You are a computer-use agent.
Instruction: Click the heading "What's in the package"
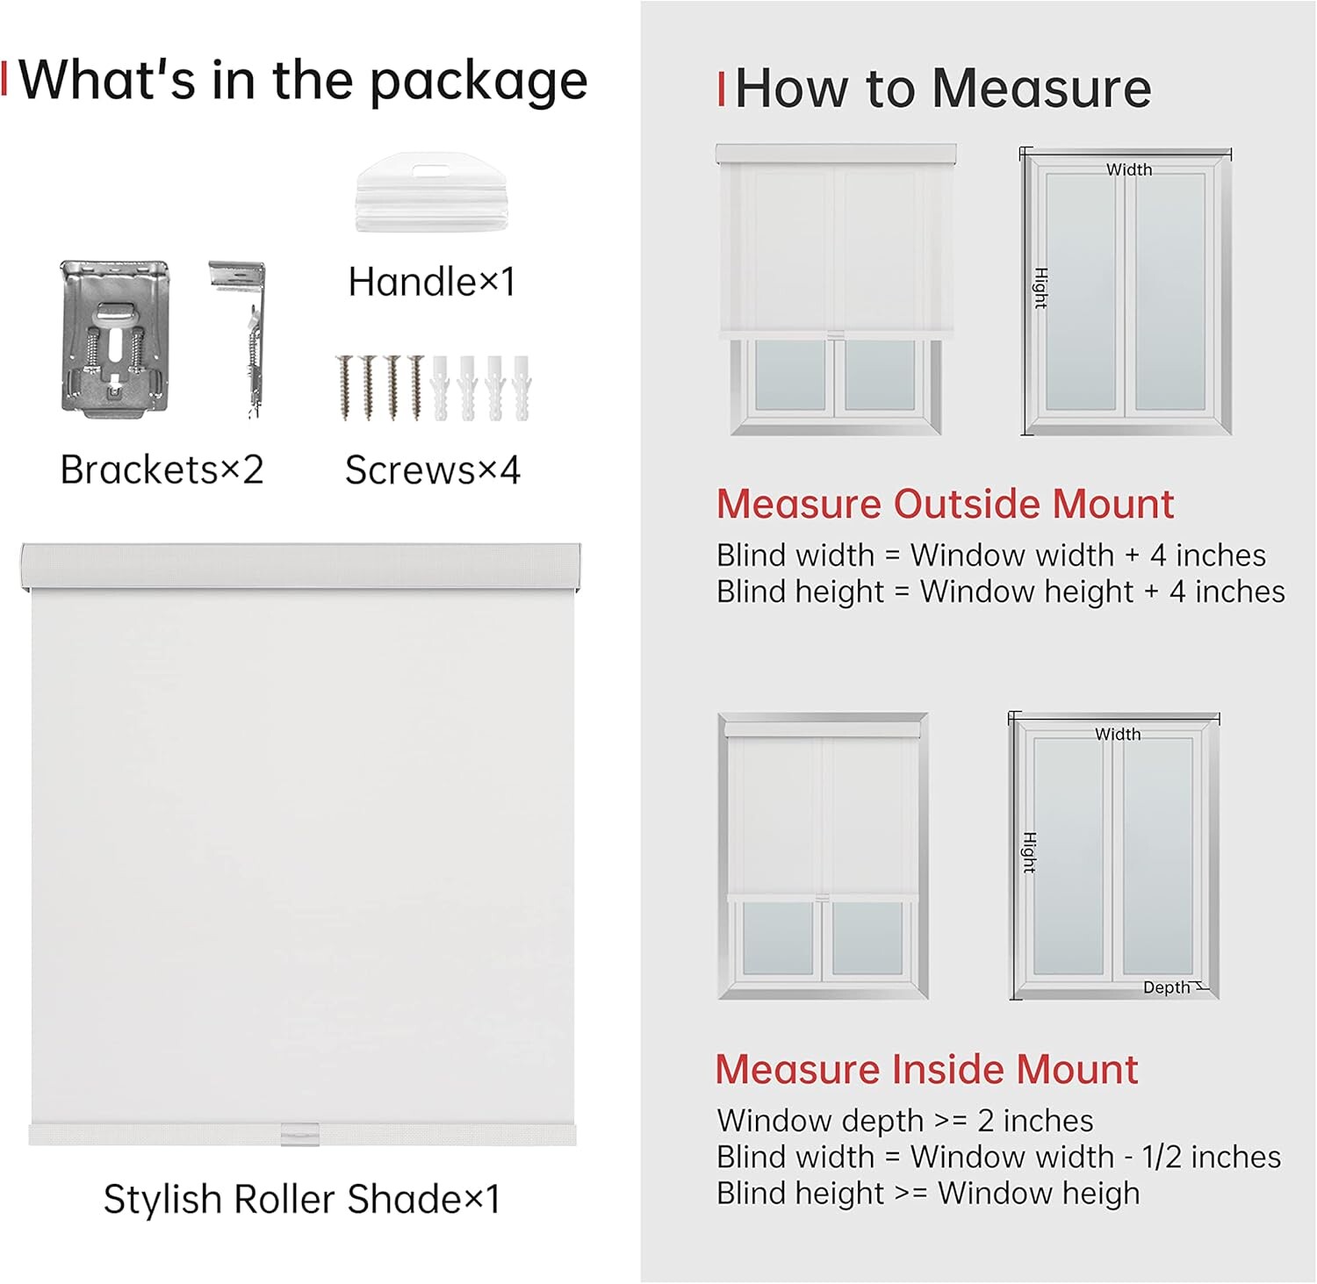(303, 82)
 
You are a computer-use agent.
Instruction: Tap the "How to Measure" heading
(943, 89)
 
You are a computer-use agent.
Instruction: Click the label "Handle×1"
(431, 283)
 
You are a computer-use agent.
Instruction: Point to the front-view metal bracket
(115, 336)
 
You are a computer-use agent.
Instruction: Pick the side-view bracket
(241, 339)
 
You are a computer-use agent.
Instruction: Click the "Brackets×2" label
(162, 470)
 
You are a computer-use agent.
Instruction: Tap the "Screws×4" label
(432, 470)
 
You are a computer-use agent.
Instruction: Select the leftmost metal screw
(344, 387)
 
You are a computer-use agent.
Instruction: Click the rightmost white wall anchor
(522, 386)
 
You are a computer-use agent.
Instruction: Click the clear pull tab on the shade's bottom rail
(300, 1134)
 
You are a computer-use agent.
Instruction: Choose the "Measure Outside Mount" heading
(945, 505)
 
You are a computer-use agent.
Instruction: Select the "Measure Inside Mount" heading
(926, 1070)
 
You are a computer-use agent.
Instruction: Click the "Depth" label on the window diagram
(1166, 987)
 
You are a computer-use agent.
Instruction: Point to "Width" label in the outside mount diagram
(1129, 169)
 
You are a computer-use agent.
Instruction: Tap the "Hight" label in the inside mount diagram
(1029, 853)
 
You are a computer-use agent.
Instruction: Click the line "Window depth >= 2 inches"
(905, 1121)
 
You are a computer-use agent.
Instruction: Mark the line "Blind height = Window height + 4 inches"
(1001, 592)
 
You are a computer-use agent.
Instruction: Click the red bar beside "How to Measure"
(721, 90)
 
